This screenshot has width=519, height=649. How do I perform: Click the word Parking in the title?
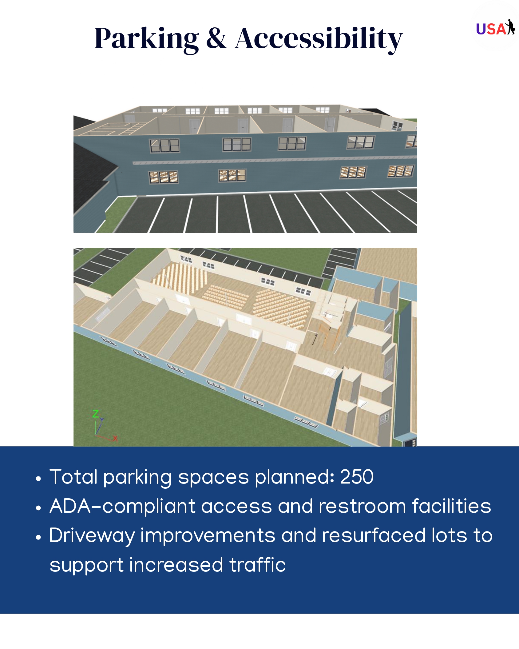pos(146,39)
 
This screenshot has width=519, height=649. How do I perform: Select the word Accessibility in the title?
pos(319,39)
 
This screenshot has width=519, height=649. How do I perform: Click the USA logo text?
pos(491,29)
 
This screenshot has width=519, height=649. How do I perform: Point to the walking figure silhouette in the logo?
pos(510,27)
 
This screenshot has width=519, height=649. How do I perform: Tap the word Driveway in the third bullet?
pos(92,536)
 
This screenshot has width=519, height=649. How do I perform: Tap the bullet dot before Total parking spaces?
pos(38,479)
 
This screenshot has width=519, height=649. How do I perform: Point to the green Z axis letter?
pos(96,414)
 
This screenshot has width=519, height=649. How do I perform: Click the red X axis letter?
pos(115,438)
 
